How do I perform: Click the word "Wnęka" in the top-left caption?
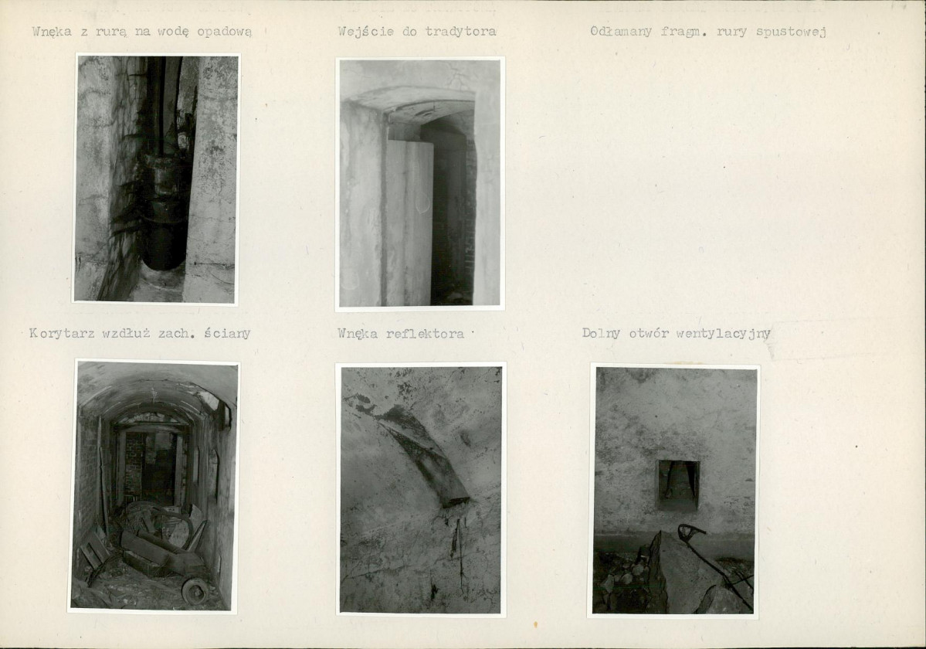(x=52, y=32)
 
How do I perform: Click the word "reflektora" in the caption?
(x=425, y=334)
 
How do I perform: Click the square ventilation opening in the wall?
(x=679, y=485)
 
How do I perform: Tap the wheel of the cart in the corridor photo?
(x=195, y=590)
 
